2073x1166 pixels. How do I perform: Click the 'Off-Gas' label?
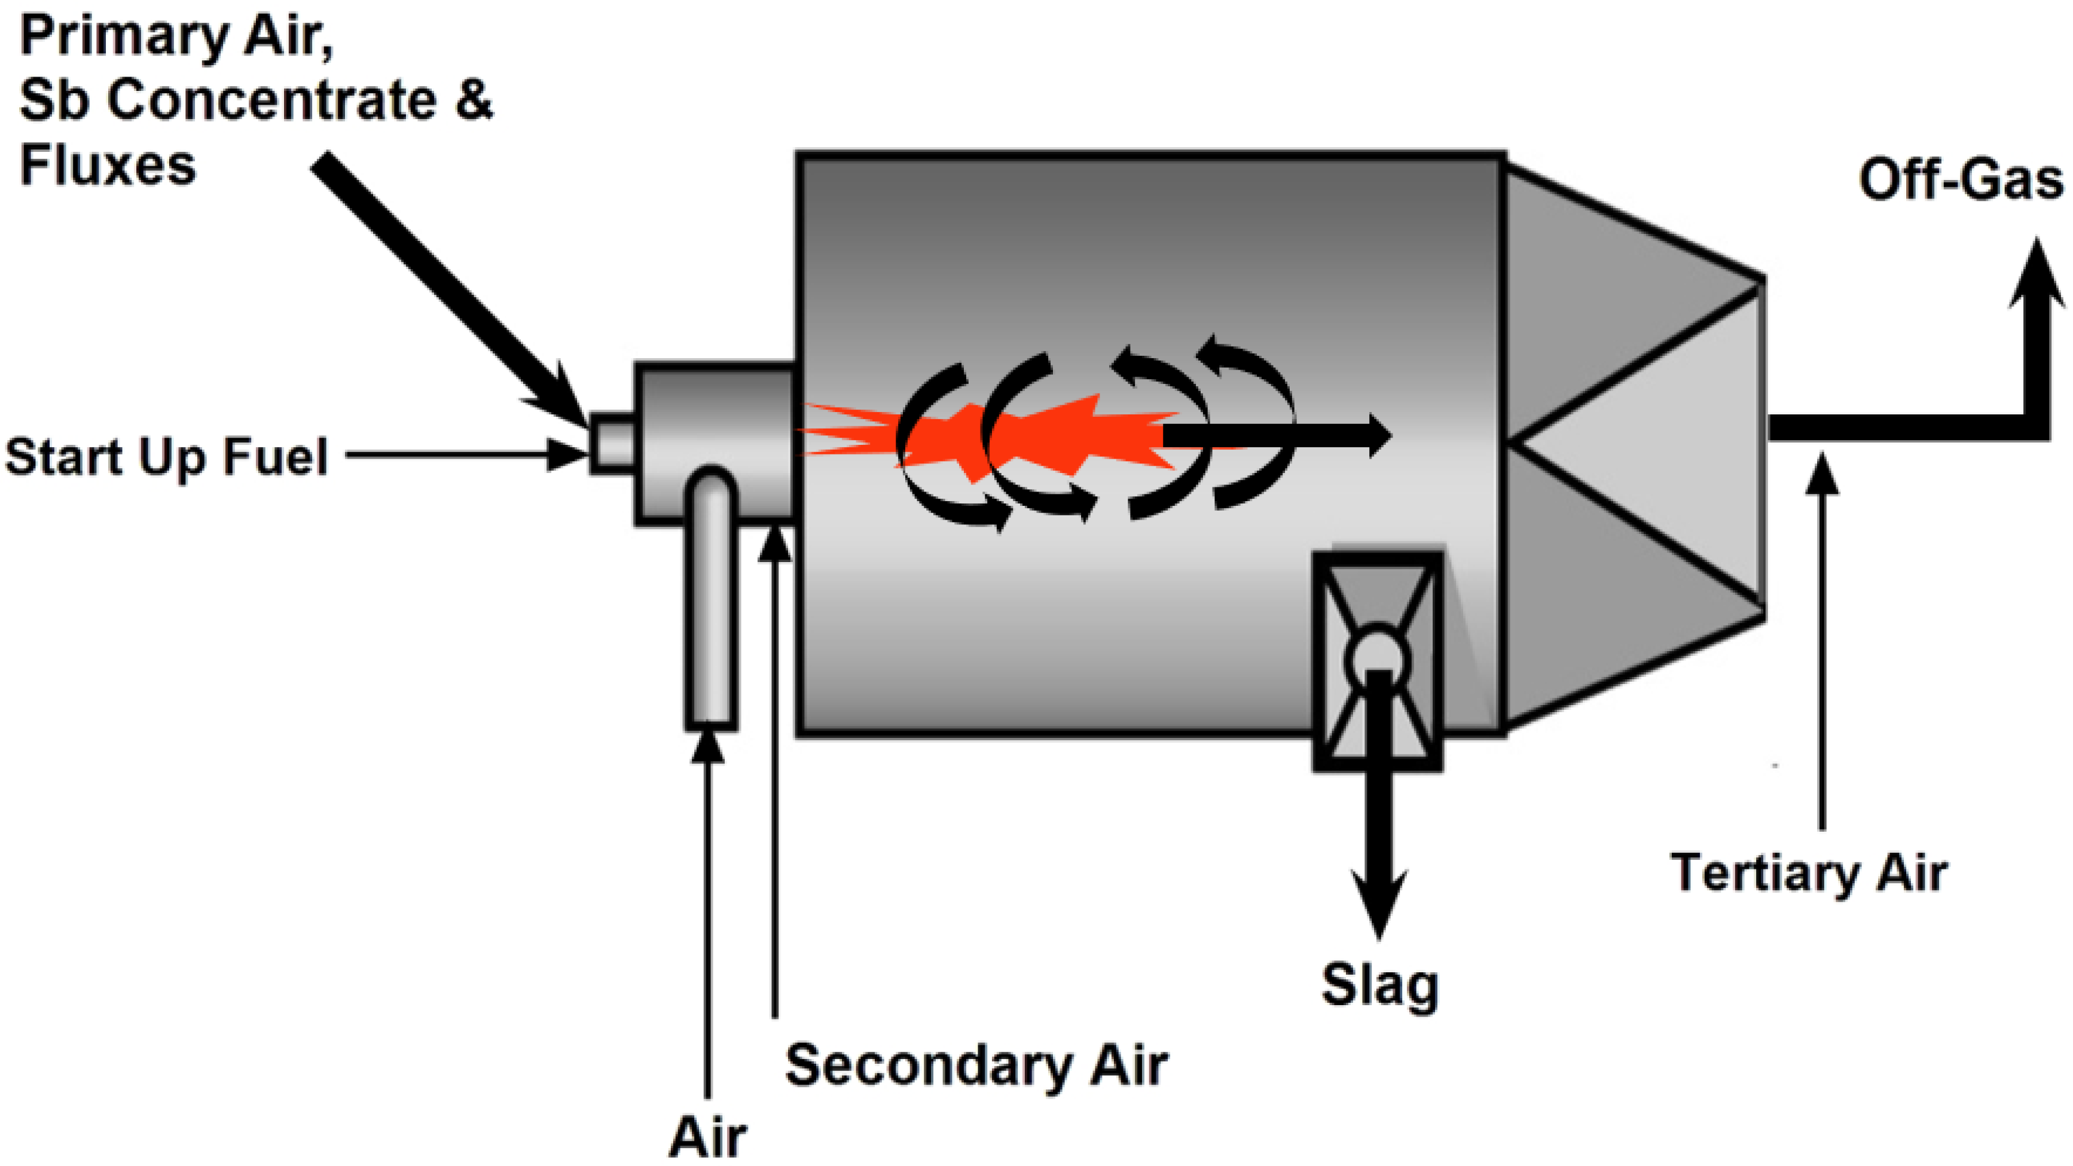(x=1961, y=180)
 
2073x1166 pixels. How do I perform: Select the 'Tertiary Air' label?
(x=1809, y=872)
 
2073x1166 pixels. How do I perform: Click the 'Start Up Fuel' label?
(x=167, y=457)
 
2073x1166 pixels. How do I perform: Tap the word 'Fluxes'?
(x=108, y=166)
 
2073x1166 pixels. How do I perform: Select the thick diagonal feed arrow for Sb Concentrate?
(x=442, y=282)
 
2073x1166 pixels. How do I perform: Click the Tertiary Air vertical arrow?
(x=1822, y=644)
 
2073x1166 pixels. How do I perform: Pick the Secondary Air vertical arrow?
(x=775, y=764)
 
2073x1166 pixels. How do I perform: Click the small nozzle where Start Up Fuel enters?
(x=612, y=442)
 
